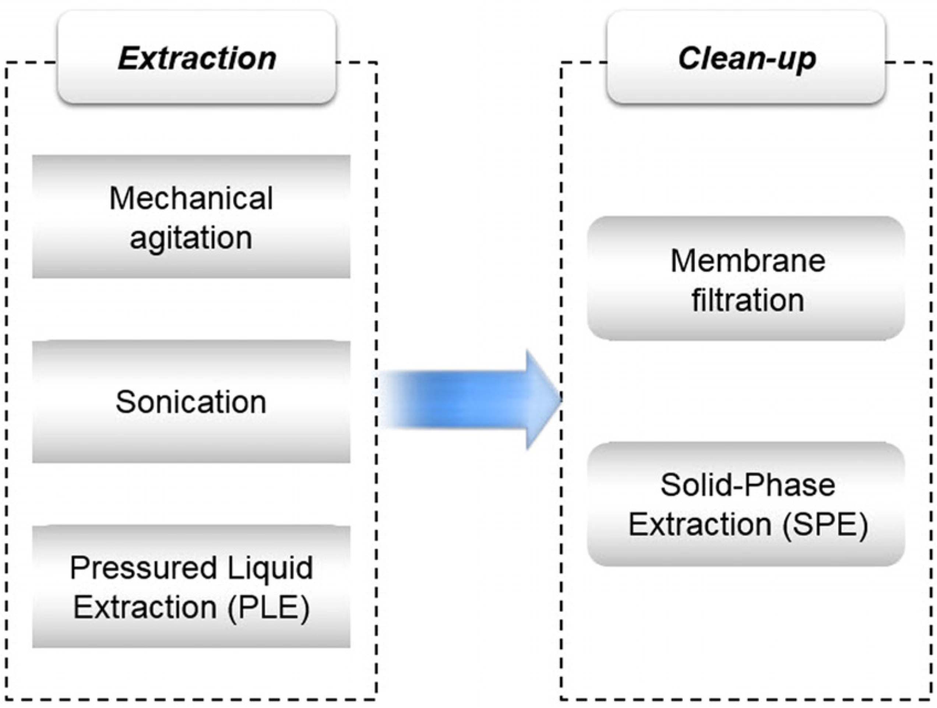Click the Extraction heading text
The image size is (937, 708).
click(x=197, y=59)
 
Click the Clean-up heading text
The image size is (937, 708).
click(x=747, y=59)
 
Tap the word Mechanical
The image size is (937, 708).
click(x=191, y=198)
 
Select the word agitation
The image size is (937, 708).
click(x=191, y=238)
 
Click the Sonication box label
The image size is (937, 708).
click(x=191, y=402)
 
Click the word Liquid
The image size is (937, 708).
click(x=270, y=568)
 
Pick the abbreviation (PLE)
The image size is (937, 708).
click(x=268, y=607)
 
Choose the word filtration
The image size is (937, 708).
click(x=748, y=300)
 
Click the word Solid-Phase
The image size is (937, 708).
click(x=748, y=485)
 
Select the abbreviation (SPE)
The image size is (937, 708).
click(x=825, y=525)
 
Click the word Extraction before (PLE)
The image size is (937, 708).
click(x=145, y=607)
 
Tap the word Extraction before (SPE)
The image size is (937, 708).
click(x=700, y=525)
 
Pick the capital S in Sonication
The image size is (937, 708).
click(x=124, y=402)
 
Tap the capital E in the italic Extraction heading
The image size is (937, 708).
click(x=128, y=59)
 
